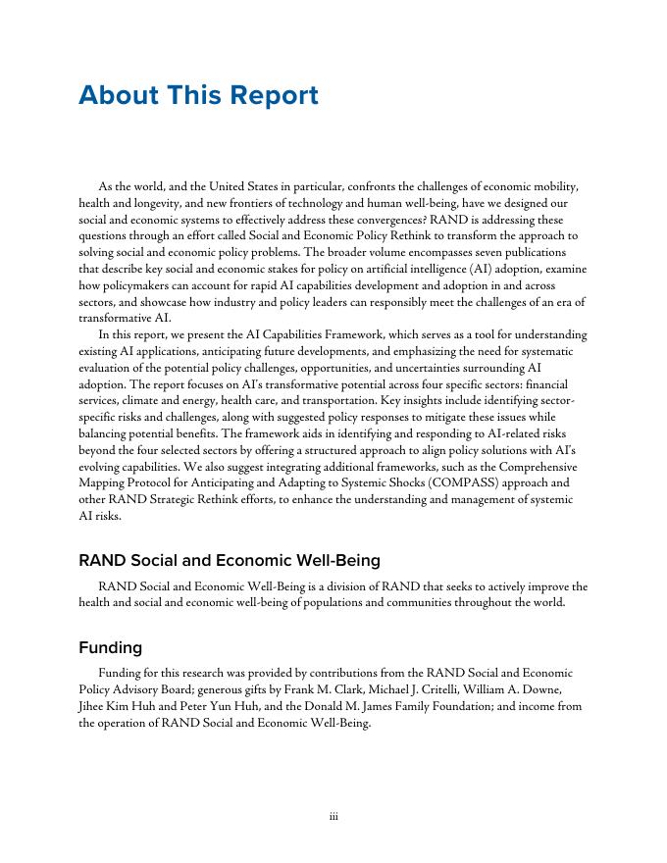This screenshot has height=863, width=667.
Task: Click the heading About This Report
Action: (198, 95)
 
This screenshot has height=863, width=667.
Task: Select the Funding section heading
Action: (110, 647)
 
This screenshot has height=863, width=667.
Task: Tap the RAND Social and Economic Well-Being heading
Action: (230, 560)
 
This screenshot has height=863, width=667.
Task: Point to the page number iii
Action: (333, 815)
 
